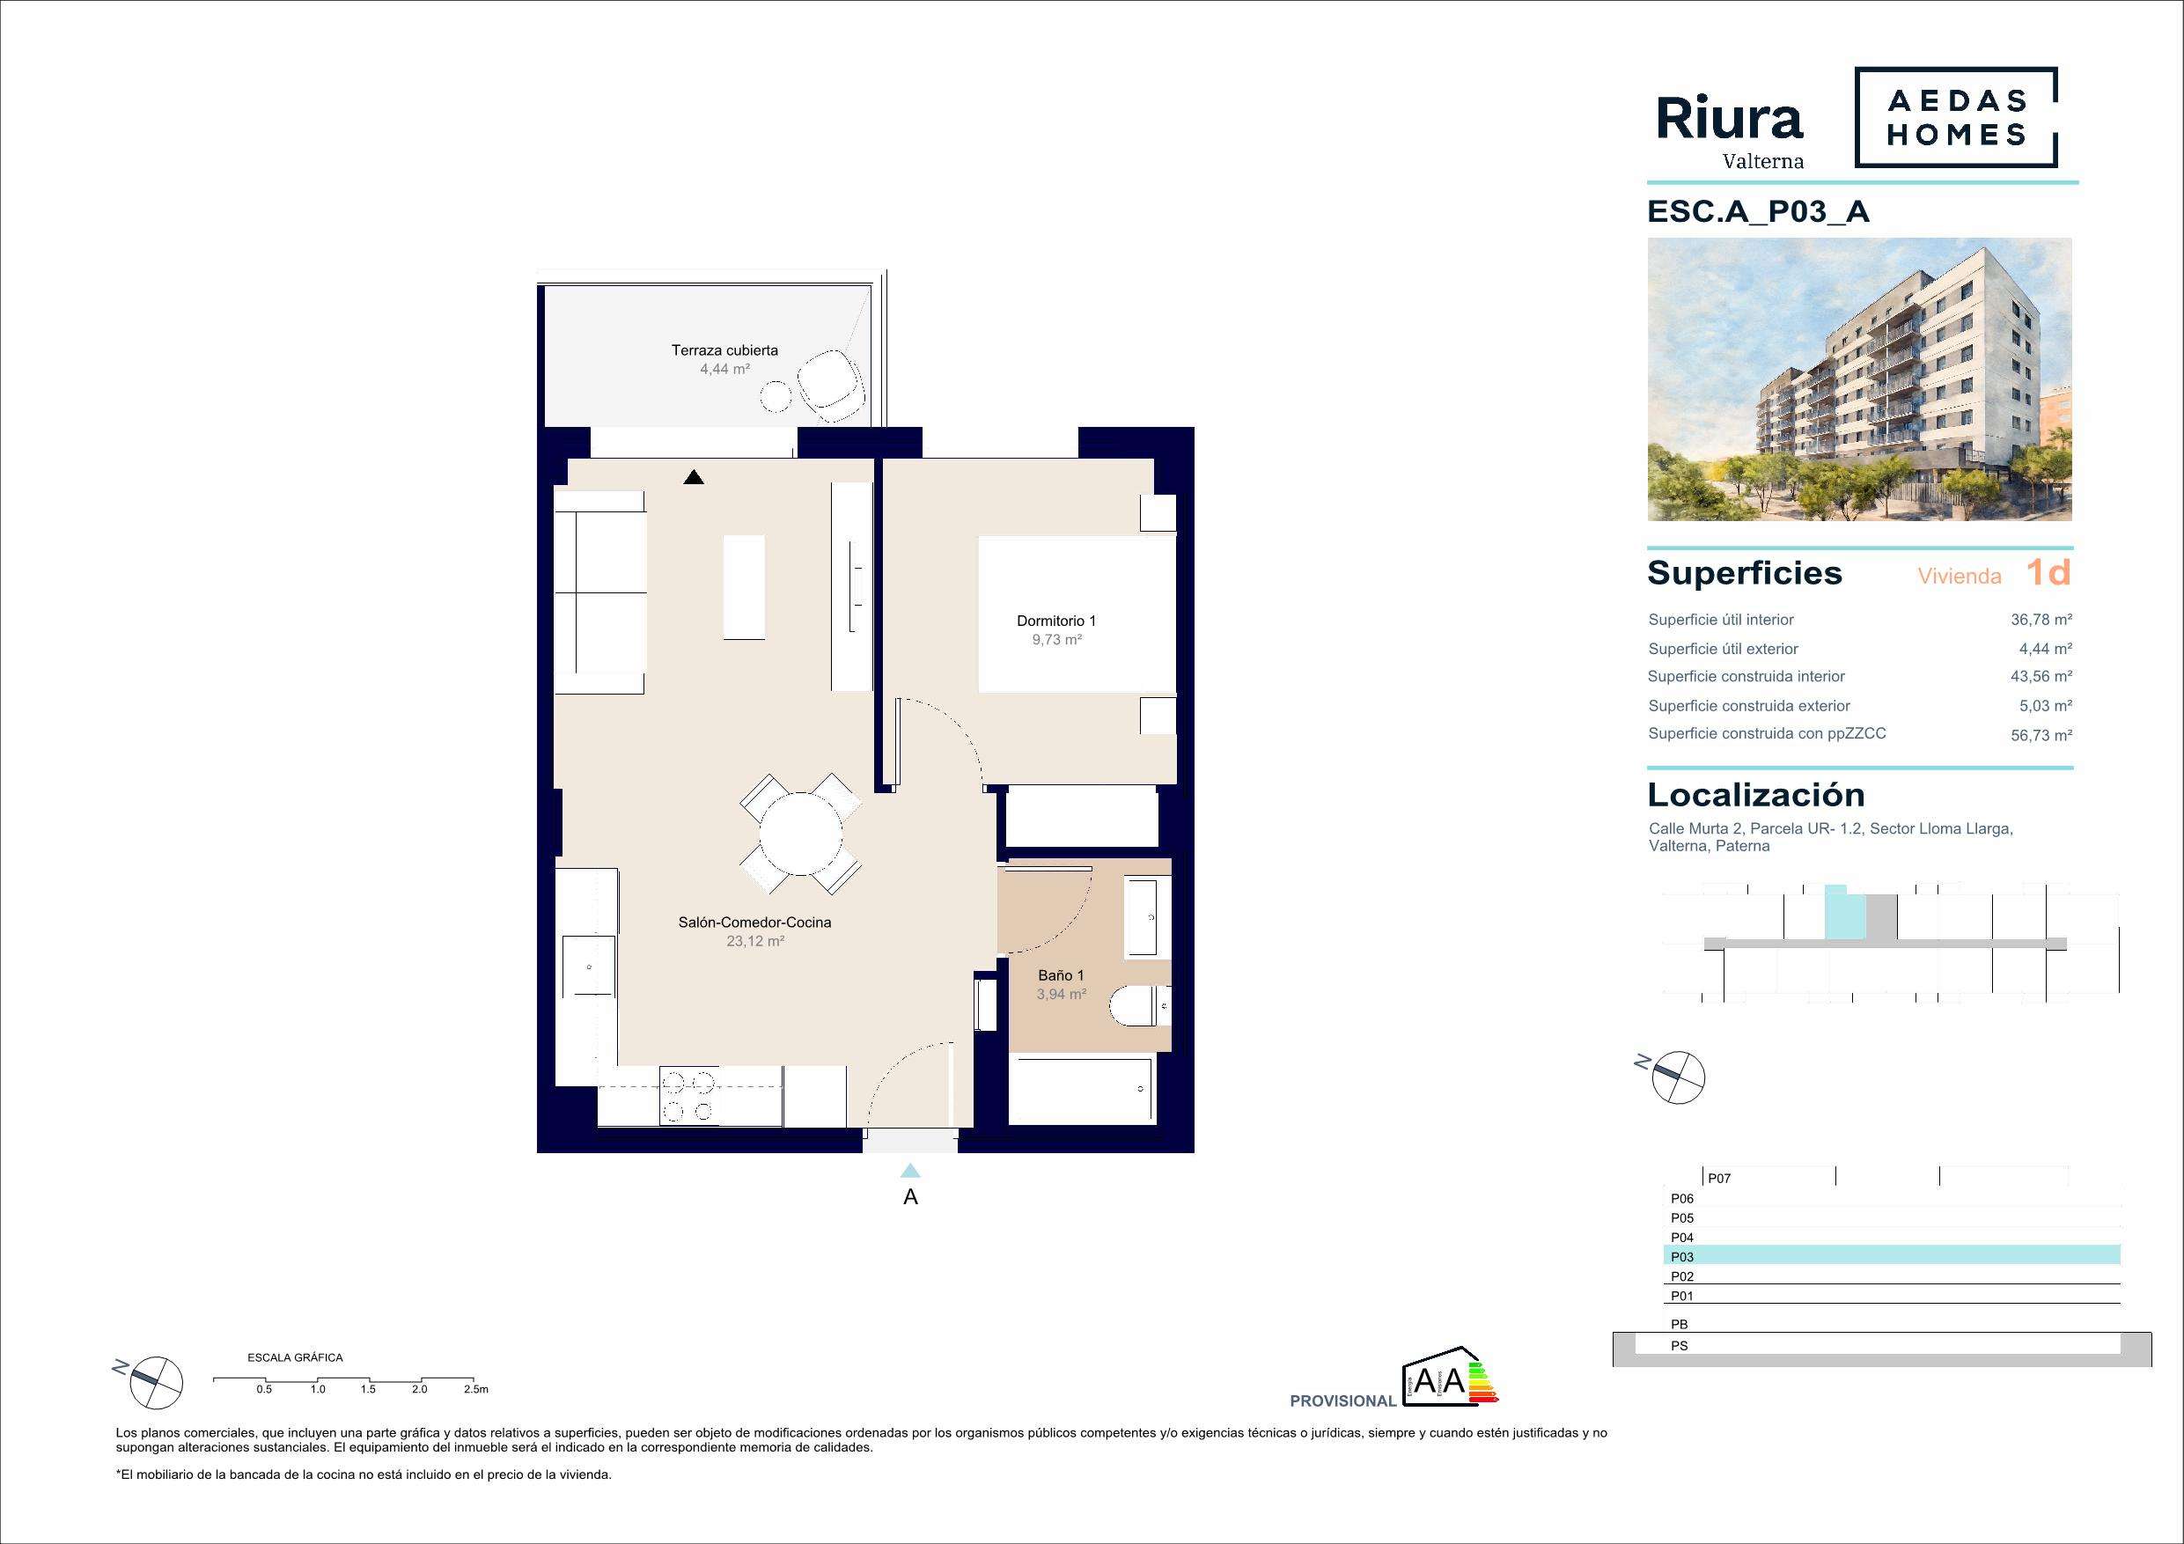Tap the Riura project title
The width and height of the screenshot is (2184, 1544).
click(x=1729, y=120)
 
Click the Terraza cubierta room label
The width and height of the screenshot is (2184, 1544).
click(x=724, y=350)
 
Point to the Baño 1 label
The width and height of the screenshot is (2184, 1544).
click(x=1061, y=975)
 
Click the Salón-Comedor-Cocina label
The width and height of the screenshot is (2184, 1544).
click(x=754, y=922)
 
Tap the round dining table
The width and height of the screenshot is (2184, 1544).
click(x=801, y=834)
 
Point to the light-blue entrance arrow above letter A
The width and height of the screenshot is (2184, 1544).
click(x=910, y=1170)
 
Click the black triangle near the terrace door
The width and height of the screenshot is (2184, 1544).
click(x=694, y=478)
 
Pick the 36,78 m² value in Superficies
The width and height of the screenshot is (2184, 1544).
click(x=2041, y=620)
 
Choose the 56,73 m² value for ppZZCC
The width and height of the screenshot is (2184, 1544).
click(x=2041, y=735)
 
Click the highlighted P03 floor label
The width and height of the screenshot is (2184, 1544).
click(x=1681, y=1257)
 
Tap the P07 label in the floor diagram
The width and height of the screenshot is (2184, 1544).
click(x=1719, y=1178)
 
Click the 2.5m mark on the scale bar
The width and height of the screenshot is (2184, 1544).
click(x=475, y=1389)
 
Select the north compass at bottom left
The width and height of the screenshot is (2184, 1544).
click(x=154, y=1383)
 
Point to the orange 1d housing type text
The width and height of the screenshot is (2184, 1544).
click(x=2048, y=572)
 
